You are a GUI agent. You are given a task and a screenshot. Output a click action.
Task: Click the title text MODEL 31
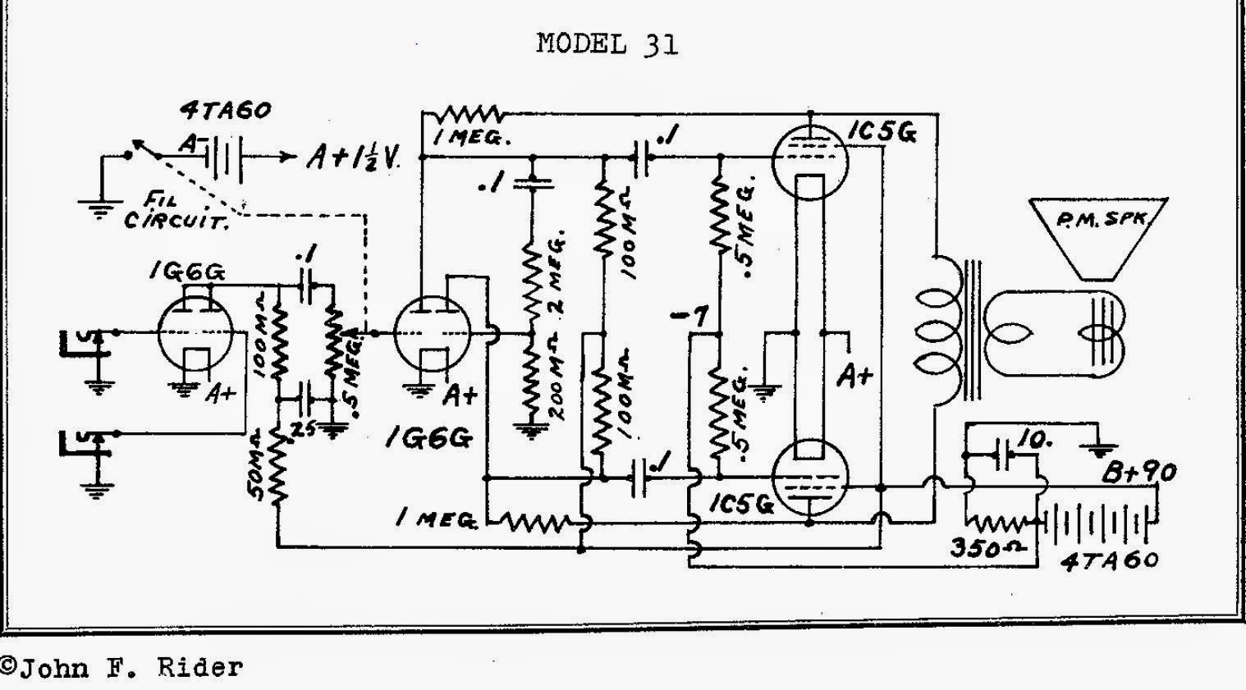(x=607, y=43)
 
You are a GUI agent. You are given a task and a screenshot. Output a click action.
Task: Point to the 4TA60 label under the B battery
(x=1108, y=561)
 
